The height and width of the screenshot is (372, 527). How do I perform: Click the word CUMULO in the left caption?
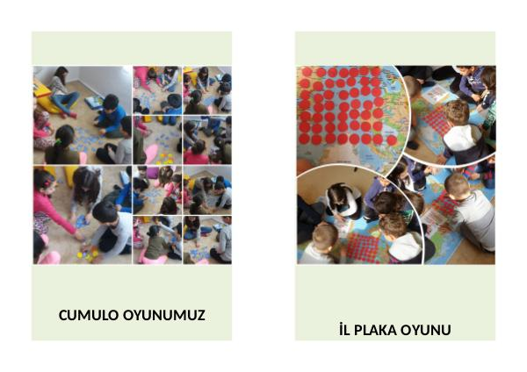coord(89,315)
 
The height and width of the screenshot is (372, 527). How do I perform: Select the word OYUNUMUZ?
coord(164,315)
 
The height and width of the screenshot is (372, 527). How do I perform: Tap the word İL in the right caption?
coord(344,329)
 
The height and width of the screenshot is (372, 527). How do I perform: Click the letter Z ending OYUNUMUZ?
coord(201,315)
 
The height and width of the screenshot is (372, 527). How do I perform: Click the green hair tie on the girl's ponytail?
coord(59,142)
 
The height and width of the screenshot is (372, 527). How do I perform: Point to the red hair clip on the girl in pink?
coord(47,183)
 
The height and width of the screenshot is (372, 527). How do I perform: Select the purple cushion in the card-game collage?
coord(153,173)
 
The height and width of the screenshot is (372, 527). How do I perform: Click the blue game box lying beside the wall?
coord(93,102)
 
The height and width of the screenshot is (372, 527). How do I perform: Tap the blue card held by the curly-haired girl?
coord(81,222)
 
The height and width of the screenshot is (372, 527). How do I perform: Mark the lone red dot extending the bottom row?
coord(392,140)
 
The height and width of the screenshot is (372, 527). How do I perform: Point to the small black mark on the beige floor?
coord(356,168)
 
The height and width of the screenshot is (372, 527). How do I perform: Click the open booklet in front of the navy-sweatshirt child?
coord(435,94)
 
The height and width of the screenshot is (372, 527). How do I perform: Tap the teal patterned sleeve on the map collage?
coord(491,116)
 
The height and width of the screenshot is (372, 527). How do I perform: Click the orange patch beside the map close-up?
coord(304,166)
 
